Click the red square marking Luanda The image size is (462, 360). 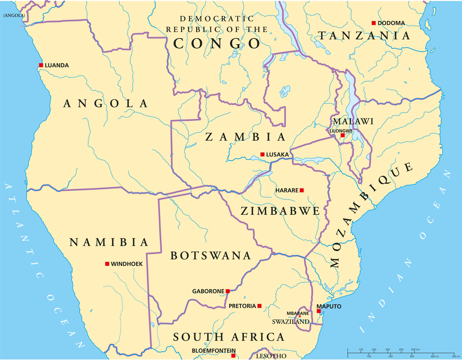coord(41,65)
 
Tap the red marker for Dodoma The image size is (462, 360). coord(373,23)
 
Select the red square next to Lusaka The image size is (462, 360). coord(262,154)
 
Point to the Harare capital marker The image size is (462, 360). coord(302,190)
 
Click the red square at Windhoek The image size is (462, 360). coord(107,264)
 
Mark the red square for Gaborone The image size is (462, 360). coord(228,291)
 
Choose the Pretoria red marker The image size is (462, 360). coord(260,306)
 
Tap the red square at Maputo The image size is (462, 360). coord(319,311)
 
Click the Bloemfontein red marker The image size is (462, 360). coord(233,355)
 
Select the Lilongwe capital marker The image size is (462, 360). coord(342,135)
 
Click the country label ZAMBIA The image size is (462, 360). coord(245,137)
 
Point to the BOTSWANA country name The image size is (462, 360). coord(211,256)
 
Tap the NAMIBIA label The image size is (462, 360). coord(109,242)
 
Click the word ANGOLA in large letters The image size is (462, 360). coord(105,103)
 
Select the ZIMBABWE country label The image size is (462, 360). coord(280,211)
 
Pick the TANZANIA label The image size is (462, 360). coord(364,36)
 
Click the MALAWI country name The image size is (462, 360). coord(353,121)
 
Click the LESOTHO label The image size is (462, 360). coord(271,356)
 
